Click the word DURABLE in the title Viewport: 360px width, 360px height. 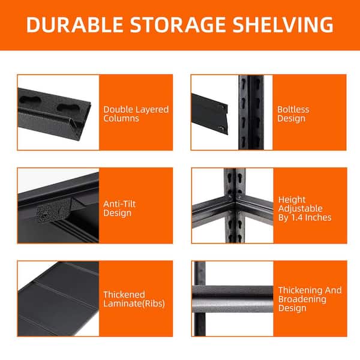pyautogui.click(x=74, y=25)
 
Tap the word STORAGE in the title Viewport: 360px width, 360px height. pyautogui.click(x=178, y=25)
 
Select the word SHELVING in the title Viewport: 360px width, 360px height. pyautogui.click(x=283, y=25)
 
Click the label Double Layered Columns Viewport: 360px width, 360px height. pyautogui.click(x=136, y=114)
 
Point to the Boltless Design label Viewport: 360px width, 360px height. pyautogui.click(x=293, y=114)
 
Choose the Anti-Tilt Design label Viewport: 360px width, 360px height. pyautogui.click(x=119, y=208)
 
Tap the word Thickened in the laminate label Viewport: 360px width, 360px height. pyautogui.click(x=124, y=295)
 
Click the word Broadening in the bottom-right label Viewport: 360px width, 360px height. pyautogui.click(x=302, y=299)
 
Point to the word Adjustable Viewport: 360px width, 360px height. pyautogui.click(x=301, y=208)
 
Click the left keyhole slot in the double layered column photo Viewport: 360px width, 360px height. pyautogui.click(x=31, y=100)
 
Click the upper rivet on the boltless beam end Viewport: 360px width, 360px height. pyautogui.click(x=223, y=107)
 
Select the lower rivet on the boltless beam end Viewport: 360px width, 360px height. pyautogui.click(x=221, y=128)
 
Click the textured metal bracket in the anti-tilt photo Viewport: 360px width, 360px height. pyautogui.click(x=53, y=212)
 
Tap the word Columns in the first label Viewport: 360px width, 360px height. pyautogui.click(x=121, y=118)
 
